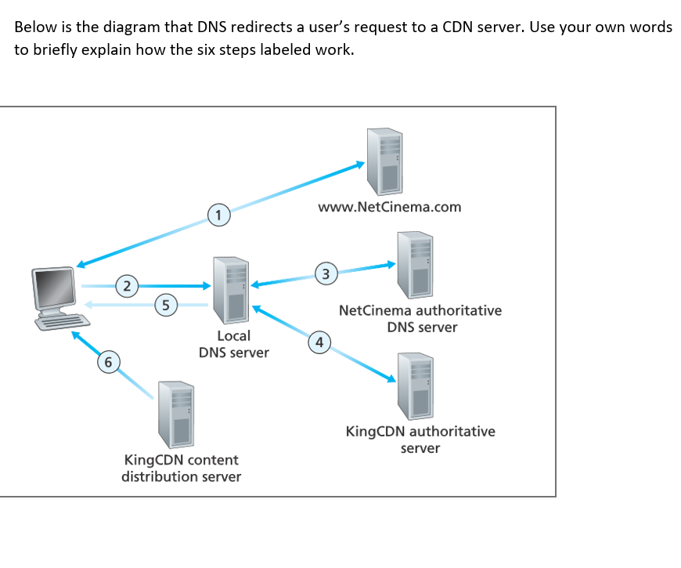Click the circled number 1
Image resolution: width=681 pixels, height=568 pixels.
click(219, 213)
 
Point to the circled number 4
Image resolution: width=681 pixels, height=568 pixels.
click(317, 342)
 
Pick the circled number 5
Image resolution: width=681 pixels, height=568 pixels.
click(165, 304)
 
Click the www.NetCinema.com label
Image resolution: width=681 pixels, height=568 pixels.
click(389, 208)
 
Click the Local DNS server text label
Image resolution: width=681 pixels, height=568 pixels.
click(233, 344)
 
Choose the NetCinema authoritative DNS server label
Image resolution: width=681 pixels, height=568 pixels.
click(420, 319)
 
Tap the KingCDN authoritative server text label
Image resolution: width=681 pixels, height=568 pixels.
click(420, 440)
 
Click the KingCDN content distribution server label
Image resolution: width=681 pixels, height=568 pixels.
click(181, 469)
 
